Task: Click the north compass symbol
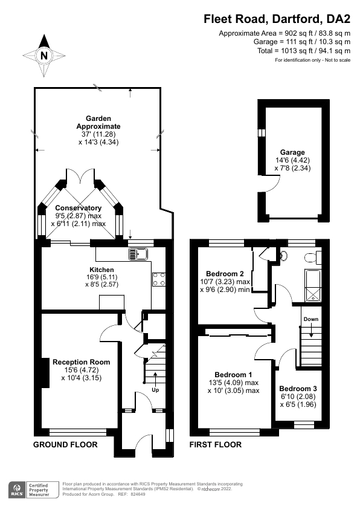pos(43,54)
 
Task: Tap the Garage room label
pos(292,152)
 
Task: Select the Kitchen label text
pos(101,270)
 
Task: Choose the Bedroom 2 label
pos(225,273)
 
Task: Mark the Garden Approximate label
pos(98,122)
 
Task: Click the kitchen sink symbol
pos(138,253)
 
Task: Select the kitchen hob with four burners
pos(159,279)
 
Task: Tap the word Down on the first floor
pos(310,319)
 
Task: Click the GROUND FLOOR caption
pos(63,445)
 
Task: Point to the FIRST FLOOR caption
pos(216,445)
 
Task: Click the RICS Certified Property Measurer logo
pos(33,488)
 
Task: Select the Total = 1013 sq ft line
pos(302,51)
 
